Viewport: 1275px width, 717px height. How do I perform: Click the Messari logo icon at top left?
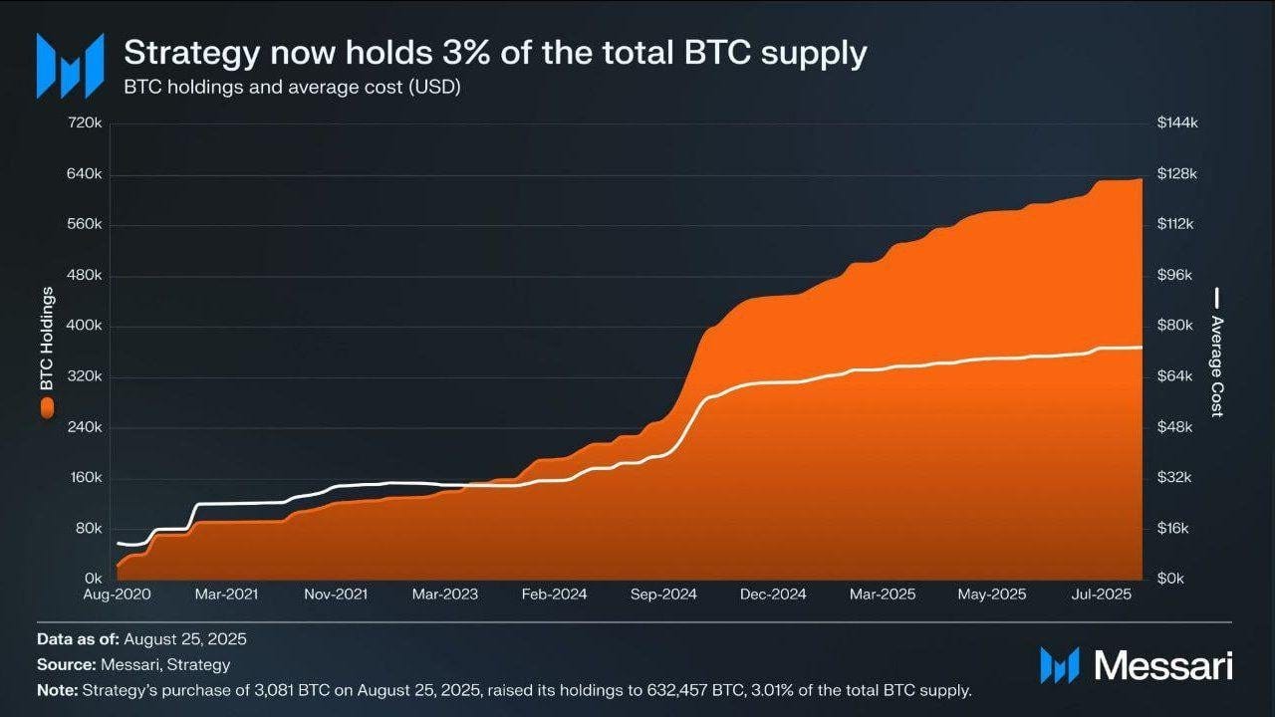pyautogui.click(x=70, y=66)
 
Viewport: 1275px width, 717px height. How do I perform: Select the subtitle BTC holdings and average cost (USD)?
pyautogui.click(x=291, y=87)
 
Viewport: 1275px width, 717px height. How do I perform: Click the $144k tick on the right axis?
pyautogui.click(x=1176, y=123)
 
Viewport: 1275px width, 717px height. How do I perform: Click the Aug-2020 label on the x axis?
pyautogui.click(x=118, y=595)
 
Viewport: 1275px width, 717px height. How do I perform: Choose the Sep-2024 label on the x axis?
pyautogui.click(x=663, y=595)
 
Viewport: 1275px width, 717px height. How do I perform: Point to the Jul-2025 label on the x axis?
pyautogui.click(x=1099, y=595)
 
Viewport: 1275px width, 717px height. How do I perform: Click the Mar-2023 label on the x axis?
pyautogui.click(x=444, y=595)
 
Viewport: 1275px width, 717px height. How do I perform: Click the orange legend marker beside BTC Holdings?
pyautogui.click(x=46, y=406)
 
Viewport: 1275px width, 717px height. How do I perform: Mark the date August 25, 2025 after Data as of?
pyautogui.click(x=185, y=639)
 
